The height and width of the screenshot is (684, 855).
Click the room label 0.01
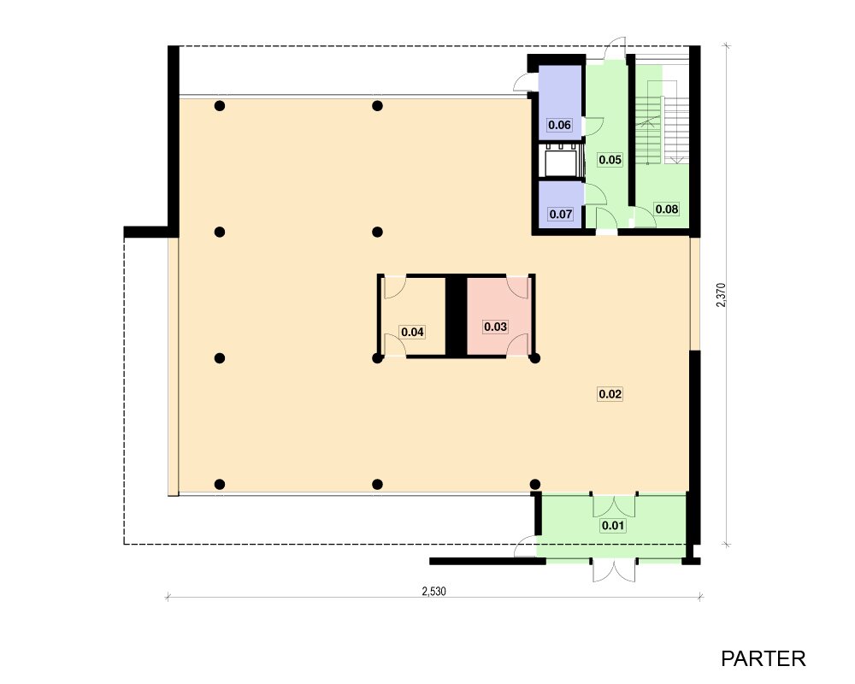(612, 526)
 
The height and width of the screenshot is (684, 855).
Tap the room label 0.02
(610, 394)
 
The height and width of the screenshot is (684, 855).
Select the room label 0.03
(495, 327)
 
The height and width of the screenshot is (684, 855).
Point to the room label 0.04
(412, 332)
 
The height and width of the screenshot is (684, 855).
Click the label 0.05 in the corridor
(610, 160)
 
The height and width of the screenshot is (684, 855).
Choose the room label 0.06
(559, 125)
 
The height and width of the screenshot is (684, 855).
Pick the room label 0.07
(561, 215)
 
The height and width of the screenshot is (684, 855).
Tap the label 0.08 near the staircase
(667, 209)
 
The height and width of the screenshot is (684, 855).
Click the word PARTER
(763, 659)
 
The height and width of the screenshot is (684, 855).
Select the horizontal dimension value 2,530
(434, 591)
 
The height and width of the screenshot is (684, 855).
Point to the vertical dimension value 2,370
(722, 294)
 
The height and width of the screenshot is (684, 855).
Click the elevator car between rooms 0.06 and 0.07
(561, 162)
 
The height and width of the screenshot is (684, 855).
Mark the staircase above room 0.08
(662, 122)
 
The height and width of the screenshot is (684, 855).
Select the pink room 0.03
(498, 316)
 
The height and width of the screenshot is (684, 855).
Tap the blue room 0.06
(561, 103)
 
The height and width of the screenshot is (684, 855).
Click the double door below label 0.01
(614, 569)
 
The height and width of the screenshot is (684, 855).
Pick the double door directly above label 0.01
(614, 505)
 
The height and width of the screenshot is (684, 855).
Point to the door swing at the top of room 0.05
(616, 48)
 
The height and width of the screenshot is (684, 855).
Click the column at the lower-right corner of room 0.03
(535, 358)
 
